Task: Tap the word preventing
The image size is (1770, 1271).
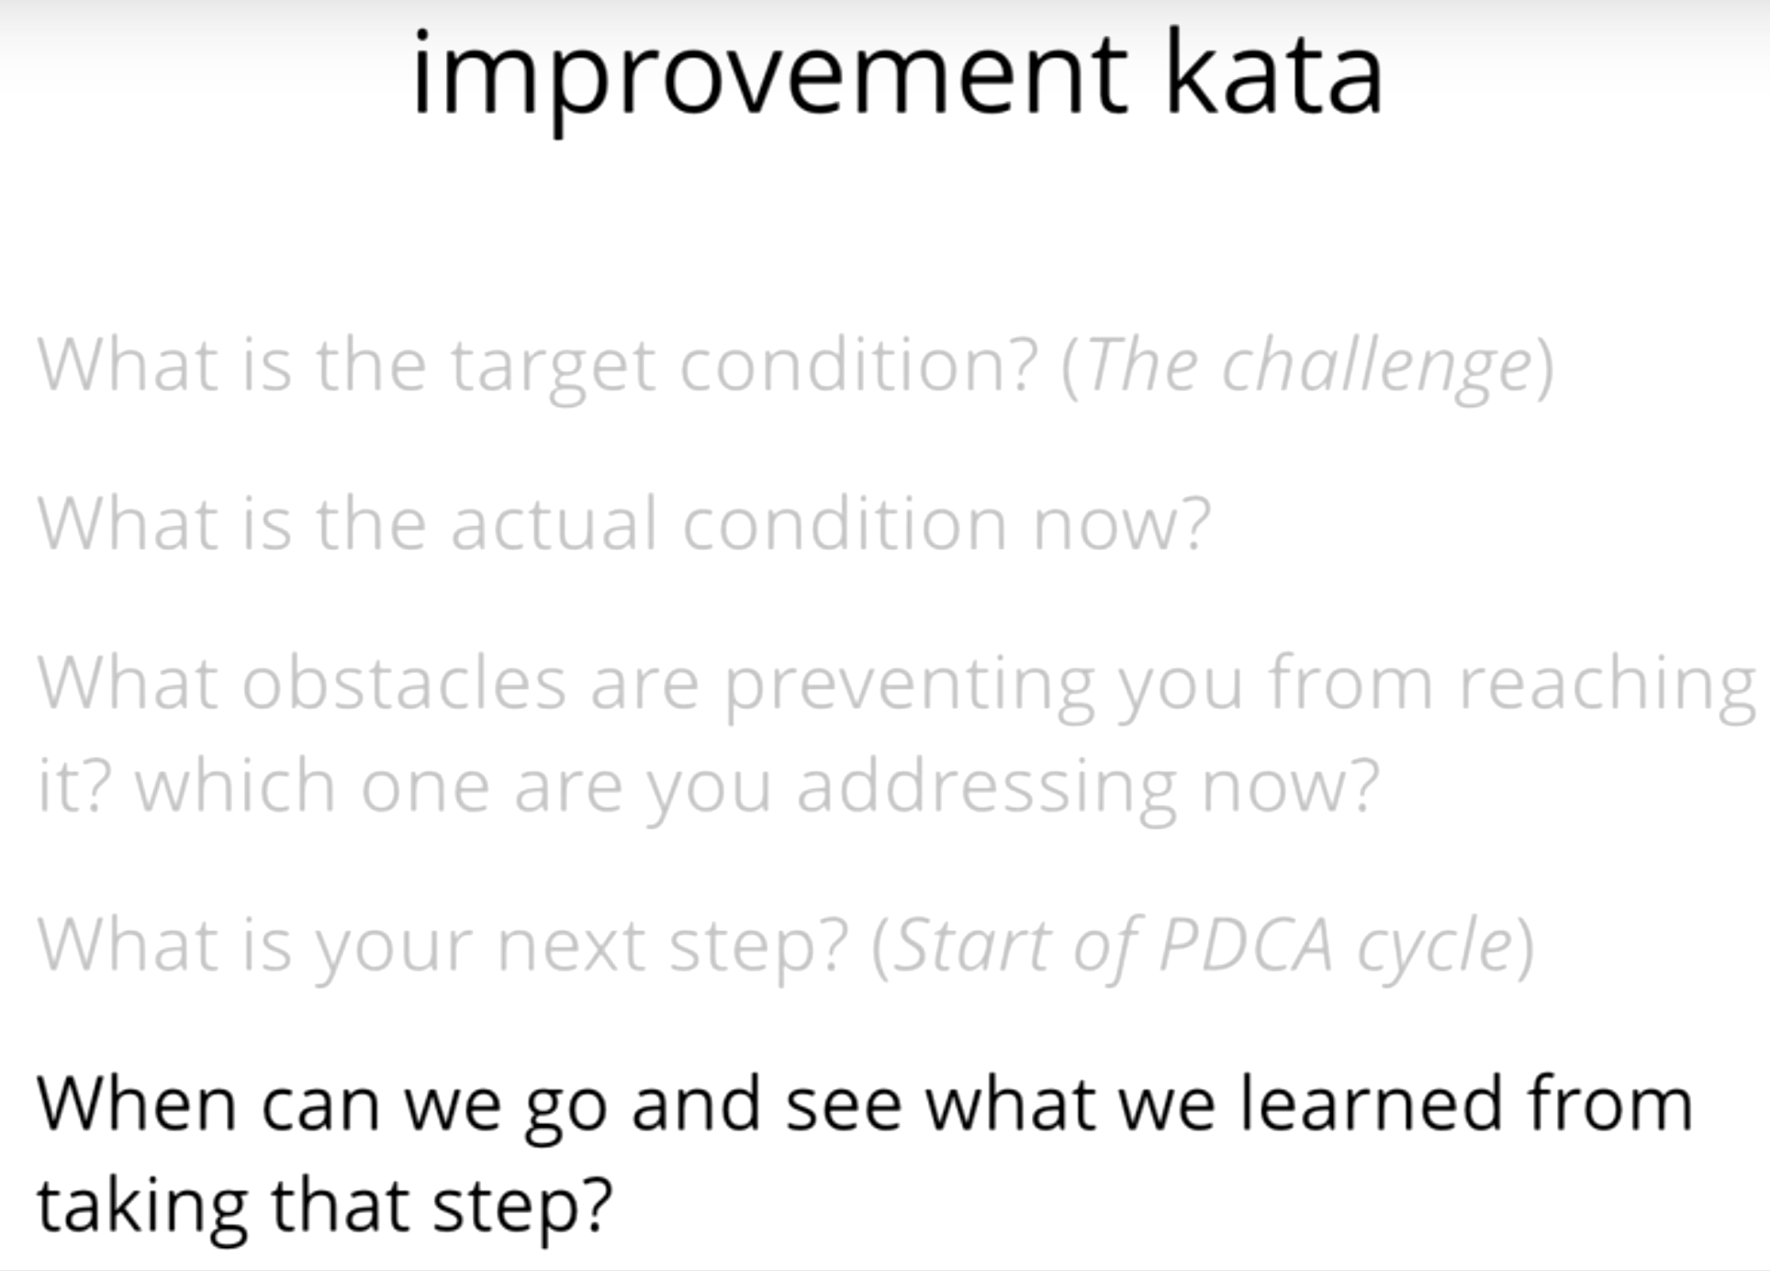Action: coord(910,687)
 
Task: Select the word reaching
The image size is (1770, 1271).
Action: coord(1607,687)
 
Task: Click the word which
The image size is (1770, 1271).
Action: coord(236,784)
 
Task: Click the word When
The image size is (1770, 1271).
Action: coord(137,1103)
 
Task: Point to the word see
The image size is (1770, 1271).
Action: coord(844,1107)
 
